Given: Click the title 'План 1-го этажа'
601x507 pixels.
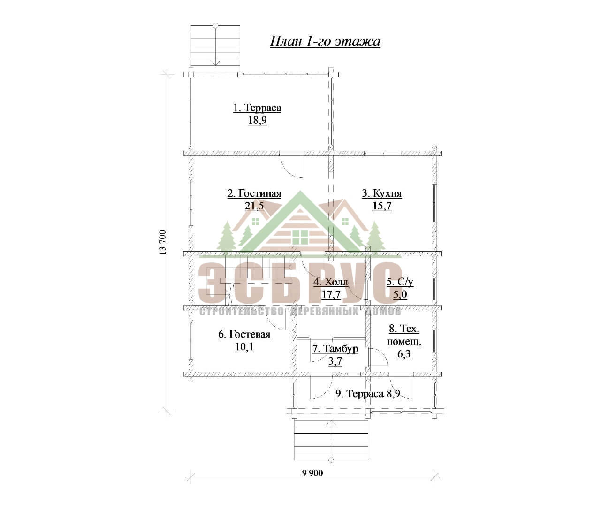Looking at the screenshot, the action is coord(325,41).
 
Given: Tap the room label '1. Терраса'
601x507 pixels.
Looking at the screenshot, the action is coord(257,108).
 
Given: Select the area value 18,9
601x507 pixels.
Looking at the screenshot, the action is coord(257,120).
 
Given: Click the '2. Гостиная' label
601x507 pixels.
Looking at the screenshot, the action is coord(254,193).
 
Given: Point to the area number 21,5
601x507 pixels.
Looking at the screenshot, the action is coord(254,206).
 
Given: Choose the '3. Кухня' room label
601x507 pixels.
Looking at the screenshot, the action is coord(382,193).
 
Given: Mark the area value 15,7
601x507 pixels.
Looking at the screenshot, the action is coord(382,206).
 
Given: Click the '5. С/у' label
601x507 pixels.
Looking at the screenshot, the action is coord(400,282).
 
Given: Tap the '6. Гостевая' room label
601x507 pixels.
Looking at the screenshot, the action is coord(244,334).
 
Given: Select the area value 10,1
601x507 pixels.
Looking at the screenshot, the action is coord(244,347).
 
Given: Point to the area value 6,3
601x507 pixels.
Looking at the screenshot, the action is coord(404,354).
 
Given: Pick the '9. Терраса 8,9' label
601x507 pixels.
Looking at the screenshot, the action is coord(368,393).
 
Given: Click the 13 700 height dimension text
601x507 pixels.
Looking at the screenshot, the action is coord(163,242).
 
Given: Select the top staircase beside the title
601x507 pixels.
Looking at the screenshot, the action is coord(215,46).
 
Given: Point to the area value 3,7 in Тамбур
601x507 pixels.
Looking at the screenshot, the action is coord(335,361).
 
